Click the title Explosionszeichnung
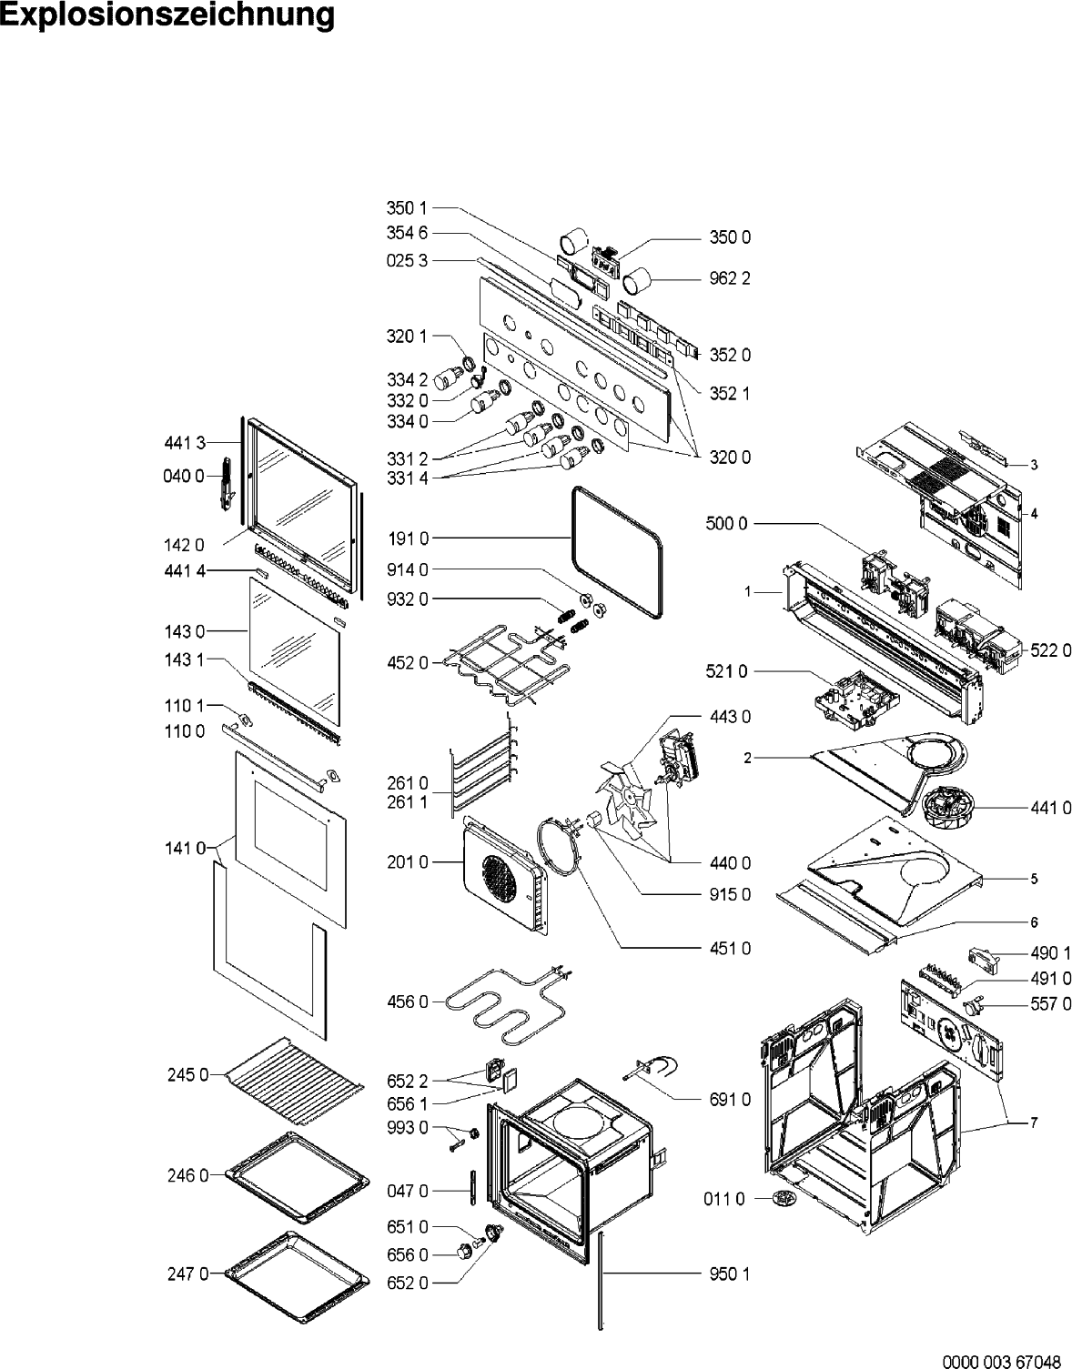click(167, 16)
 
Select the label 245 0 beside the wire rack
click(187, 1075)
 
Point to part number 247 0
click(187, 1273)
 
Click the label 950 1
click(731, 1273)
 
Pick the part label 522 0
click(1051, 650)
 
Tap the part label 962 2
click(731, 278)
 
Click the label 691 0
click(731, 1100)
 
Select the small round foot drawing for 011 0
click(780, 1199)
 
